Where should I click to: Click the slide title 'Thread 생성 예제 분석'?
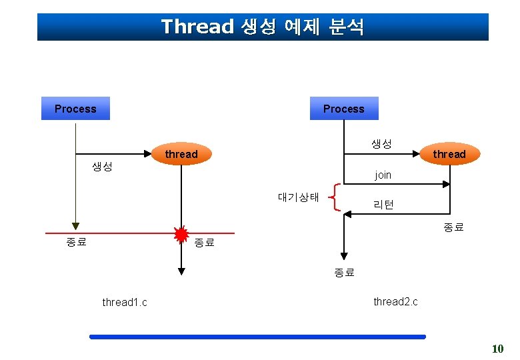[x=263, y=27]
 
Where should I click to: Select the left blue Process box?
[x=75, y=109]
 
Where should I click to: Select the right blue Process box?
[x=344, y=109]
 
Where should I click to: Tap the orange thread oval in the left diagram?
[x=181, y=154]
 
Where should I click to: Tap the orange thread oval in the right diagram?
[x=449, y=154]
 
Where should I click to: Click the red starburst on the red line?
[x=181, y=234]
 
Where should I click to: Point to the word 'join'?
[x=383, y=175]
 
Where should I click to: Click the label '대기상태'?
[x=299, y=197]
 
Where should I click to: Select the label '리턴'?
[x=383, y=205]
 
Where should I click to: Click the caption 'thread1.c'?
[x=125, y=303]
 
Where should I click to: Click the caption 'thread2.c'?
[x=395, y=301]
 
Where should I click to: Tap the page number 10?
[x=497, y=349]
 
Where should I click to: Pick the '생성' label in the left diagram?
[x=102, y=167]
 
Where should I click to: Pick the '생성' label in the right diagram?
[x=381, y=144]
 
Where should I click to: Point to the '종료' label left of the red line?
[x=77, y=242]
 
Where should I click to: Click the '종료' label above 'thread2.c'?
[x=344, y=272]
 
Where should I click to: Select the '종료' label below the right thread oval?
[x=453, y=228]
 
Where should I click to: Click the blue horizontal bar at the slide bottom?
[x=257, y=337]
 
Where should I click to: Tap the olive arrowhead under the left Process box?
[x=76, y=225]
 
